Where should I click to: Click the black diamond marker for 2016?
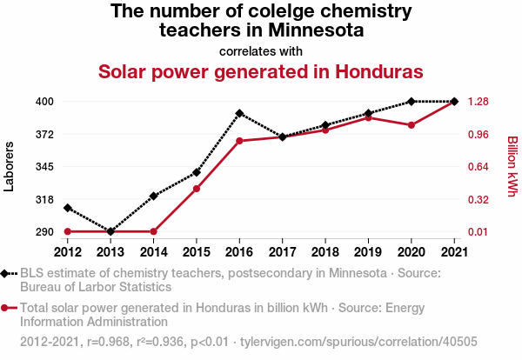point(239,113)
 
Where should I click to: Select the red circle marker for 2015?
point(197,189)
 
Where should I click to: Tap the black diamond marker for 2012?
point(67,208)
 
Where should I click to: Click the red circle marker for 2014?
point(153,231)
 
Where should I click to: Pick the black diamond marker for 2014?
point(153,196)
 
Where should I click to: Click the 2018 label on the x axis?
point(325,251)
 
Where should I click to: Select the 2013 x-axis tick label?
point(110,251)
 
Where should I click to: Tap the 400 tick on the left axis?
point(45,102)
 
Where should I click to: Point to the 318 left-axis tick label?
point(45,199)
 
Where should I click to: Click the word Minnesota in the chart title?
point(317,31)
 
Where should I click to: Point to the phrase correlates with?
point(261,50)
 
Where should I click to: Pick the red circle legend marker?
point(7,307)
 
